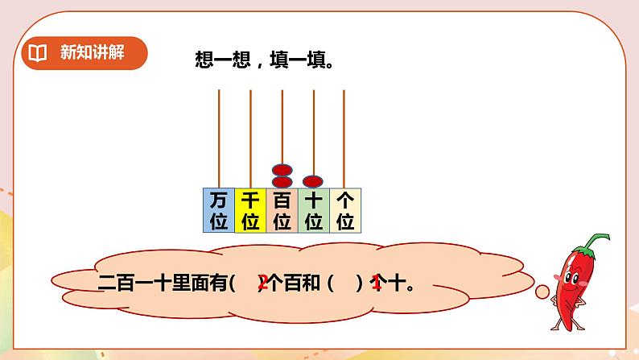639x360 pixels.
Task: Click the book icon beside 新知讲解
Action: pyautogui.click(x=37, y=54)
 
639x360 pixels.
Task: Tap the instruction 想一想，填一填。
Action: pyautogui.click(x=265, y=60)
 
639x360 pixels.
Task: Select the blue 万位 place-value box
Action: pyautogui.click(x=218, y=210)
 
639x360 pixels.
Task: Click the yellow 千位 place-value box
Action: pyautogui.click(x=250, y=210)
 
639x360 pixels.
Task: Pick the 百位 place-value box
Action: pyautogui.click(x=282, y=210)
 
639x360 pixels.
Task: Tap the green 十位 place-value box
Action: pyautogui.click(x=314, y=210)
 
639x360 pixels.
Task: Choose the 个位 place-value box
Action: pyautogui.click(x=345, y=210)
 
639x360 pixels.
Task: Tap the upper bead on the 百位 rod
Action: pyautogui.click(x=282, y=170)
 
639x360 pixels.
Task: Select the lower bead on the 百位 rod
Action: pyautogui.click(x=282, y=182)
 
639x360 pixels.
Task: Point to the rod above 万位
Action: pyautogui.click(x=218, y=137)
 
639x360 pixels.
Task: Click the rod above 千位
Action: pyautogui.click(x=250, y=137)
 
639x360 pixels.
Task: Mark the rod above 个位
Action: pyautogui.click(x=344, y=137)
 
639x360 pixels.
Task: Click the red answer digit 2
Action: pyautogui.click(x=262, y=283)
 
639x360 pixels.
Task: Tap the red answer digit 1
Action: pyautogui.click(x=376, y=283)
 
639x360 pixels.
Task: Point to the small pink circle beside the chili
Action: pyautogui.click(x=542, y=291)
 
